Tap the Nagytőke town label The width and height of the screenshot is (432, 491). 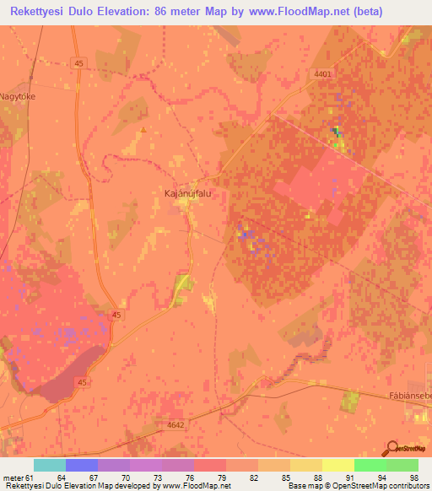coord(20,96)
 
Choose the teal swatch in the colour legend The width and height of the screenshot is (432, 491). coord(50,465)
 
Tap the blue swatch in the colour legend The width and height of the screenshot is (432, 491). coord(82,465)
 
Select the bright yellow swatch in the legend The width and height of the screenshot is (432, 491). coord(338,465)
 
